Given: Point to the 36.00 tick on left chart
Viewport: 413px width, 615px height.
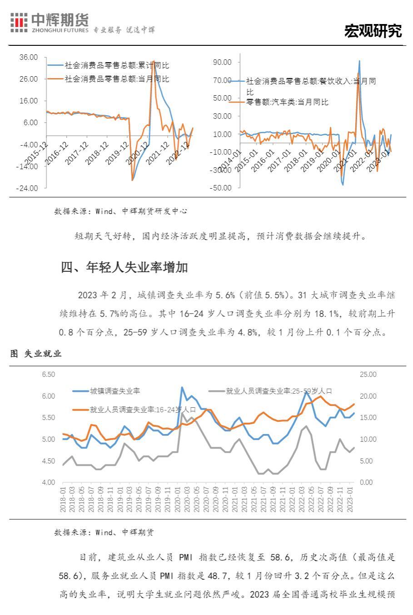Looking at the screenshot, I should (x=28, y=57).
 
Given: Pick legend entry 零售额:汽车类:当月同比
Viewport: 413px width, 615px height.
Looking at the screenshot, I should (x=287, y=102).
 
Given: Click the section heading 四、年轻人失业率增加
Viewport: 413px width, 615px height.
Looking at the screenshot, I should (x=124, y=268).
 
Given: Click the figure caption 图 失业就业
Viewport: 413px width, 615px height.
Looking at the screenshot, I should (x=36, y=354).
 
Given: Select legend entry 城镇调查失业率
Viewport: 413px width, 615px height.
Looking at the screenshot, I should (x=114, y=391).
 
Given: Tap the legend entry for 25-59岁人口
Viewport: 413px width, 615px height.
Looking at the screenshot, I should (x=279, y=391).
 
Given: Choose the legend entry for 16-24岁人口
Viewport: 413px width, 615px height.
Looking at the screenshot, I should (x=143, y=410).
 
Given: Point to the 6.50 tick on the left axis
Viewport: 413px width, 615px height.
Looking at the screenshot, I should (x=48, y=375).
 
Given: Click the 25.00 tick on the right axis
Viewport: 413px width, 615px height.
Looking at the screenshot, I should (x=368, y=375).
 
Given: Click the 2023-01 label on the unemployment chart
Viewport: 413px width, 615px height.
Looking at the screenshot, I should (x=350, y=499).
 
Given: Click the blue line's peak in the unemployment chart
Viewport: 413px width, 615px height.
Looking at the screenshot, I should (x=182, y=387).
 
